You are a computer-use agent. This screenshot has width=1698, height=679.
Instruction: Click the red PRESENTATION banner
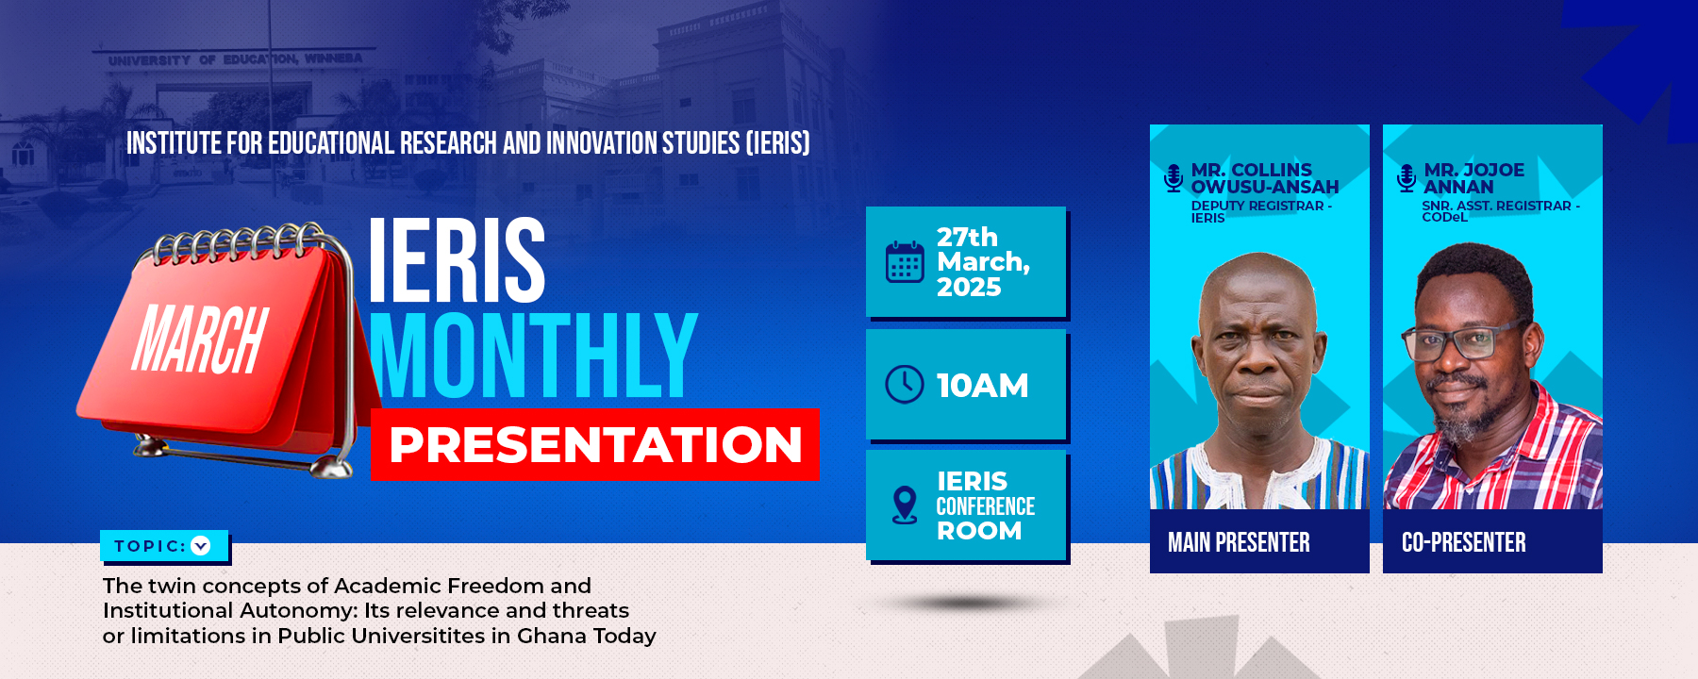tap(595, 444)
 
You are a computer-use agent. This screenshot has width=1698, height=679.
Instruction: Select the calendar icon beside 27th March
tap(905, 262)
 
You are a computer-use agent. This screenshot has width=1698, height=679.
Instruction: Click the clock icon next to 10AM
tap(905, 385)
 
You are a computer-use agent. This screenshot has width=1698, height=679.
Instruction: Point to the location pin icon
tap(905, 505)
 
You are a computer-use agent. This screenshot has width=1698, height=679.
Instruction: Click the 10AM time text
tap(982, 386)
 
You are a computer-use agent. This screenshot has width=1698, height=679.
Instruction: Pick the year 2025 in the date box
tap(969, 287)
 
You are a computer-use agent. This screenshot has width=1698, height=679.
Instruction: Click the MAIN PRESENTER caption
tap(1239, 542)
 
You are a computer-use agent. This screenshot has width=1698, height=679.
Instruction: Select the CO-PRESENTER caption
tap(1463, 542)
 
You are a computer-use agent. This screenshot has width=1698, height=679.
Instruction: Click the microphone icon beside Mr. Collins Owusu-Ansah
tap(1174, 178)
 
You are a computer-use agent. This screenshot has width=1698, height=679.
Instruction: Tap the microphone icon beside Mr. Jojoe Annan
tap(1407, 178)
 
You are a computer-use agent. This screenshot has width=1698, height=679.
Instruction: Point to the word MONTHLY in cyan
tap(533, 356)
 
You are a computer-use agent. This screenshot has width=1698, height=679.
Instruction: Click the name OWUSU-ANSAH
tap(1265, 187)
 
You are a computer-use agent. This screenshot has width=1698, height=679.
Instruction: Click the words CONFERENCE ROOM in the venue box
tap(985, 519)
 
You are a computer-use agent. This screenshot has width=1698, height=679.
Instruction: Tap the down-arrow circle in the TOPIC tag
tap(201, 545)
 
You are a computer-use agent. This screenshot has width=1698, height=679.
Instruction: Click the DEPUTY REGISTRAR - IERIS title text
tap(1261, 211)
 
